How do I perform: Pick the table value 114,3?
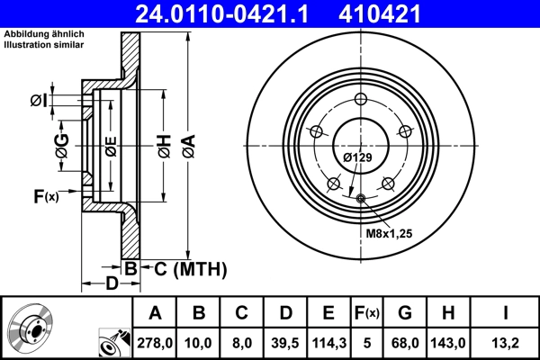[x=328, y=341]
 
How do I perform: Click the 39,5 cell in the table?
[x=285, y=341]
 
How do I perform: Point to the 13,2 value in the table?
[x=507, y=341]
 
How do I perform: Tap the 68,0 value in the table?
[x=404, y=341]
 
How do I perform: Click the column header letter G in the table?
[x=404, y=312]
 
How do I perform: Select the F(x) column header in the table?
[x=366, y=312]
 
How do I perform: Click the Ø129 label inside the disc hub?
[x=356, y=157]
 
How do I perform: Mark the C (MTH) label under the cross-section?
[x=185, y=268]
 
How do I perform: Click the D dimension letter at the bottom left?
[x=112, y=285]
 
